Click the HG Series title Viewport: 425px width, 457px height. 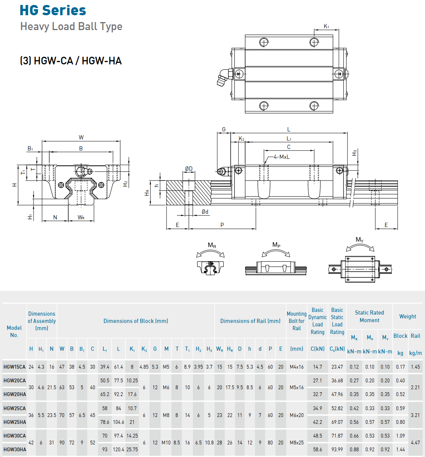pyautogui.click(x=53, y=10)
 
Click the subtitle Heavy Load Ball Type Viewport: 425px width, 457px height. pyautogui.click(x=71, y=27)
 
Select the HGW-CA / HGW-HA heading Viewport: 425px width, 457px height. pyautogui.click(x=71, y=61)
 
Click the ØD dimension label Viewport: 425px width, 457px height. pyautogui.click(x=189, y=169)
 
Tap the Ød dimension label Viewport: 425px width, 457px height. pyautogui.click(x=205, y=212)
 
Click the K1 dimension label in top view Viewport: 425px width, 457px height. pyautogui.click(x=326, y=26)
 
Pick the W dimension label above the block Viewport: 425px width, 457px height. pyautogui.click(x=81, y=137)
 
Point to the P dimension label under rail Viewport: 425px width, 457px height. pyautogui.click(x=222, y=225)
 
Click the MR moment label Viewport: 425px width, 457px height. pyautogui.click(x=212, y=246)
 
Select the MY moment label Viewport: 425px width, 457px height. pyautogui.click(x=359, y=240)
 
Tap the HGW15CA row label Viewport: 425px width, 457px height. pyautogui.click(x=14, y=367)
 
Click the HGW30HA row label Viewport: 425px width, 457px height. pyautogui.click(x=15, y=449)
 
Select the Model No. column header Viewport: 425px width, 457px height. pyautogui.click(x=14, y=331)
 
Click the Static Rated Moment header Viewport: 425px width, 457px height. pyautogui.click(x=369, y=316)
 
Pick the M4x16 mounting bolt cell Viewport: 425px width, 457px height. pyautogui.click(x=297, y=367)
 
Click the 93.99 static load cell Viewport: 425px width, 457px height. pyautogui.click(x=337, y=449)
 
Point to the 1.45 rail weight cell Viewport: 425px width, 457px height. pyautogui.click(x=415, y=367)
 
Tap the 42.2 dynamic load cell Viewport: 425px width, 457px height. pyautogui.click(x=318, y=422)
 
